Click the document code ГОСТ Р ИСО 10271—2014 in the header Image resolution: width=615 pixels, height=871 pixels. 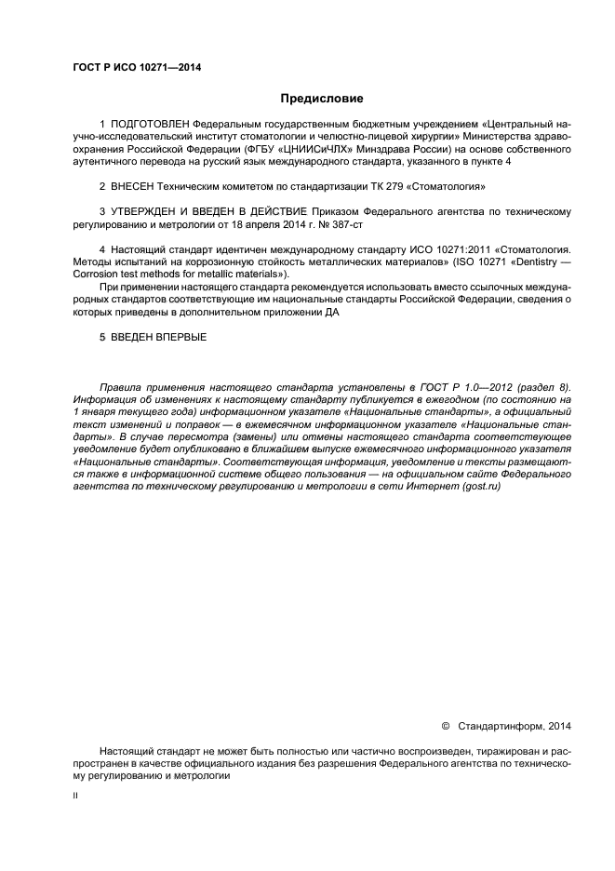137,68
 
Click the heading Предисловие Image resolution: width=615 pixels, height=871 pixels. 322,99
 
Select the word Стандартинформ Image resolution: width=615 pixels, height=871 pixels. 503,726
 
